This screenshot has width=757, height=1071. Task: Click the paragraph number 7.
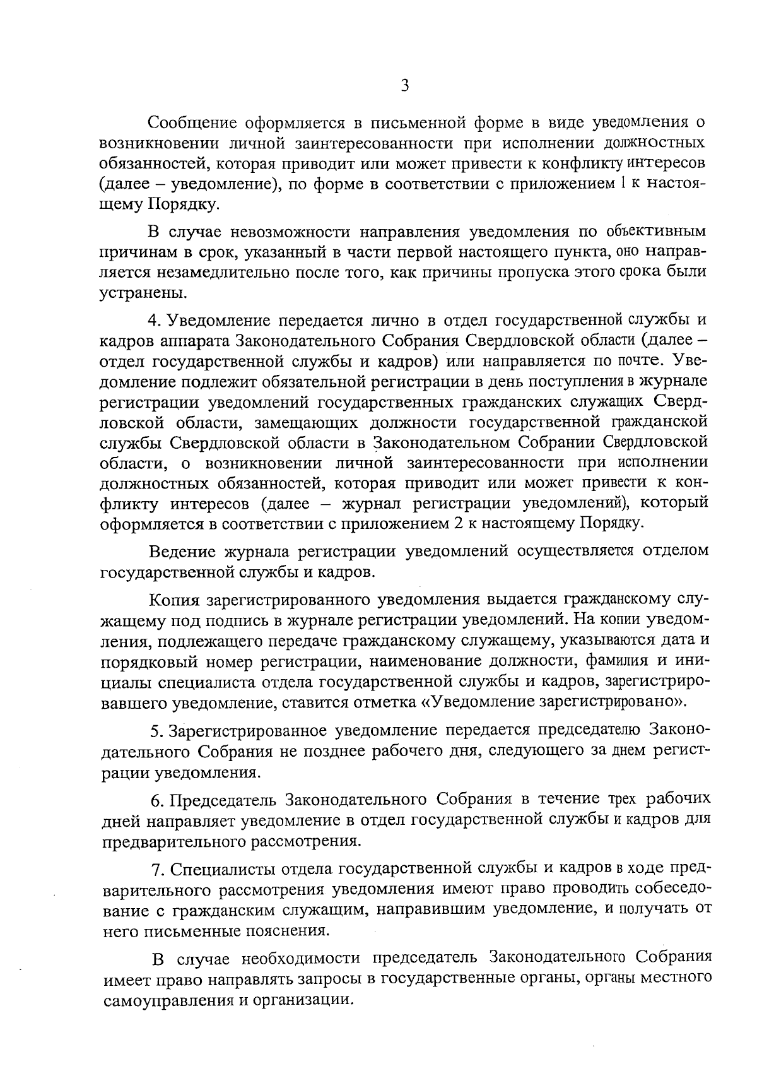pos(157,870)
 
